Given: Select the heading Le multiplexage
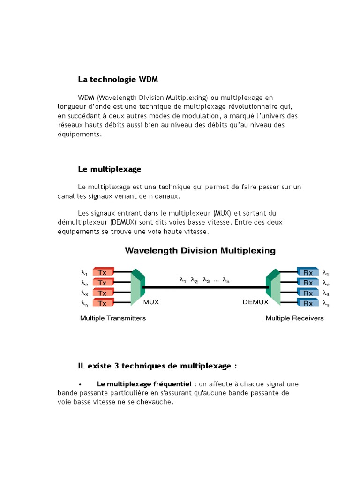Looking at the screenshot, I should [110, 168].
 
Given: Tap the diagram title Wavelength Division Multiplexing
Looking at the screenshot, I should [200, 250].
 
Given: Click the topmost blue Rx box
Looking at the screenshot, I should [308, 272].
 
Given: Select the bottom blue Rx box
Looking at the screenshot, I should [308, 303].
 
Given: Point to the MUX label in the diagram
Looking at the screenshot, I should [151, 302].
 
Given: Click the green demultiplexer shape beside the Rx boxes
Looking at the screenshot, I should [273, 287].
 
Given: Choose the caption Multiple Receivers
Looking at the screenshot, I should [294, 318].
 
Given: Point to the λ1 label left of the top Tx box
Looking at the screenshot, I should [84, 272].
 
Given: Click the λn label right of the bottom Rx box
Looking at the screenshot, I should [326, 303].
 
